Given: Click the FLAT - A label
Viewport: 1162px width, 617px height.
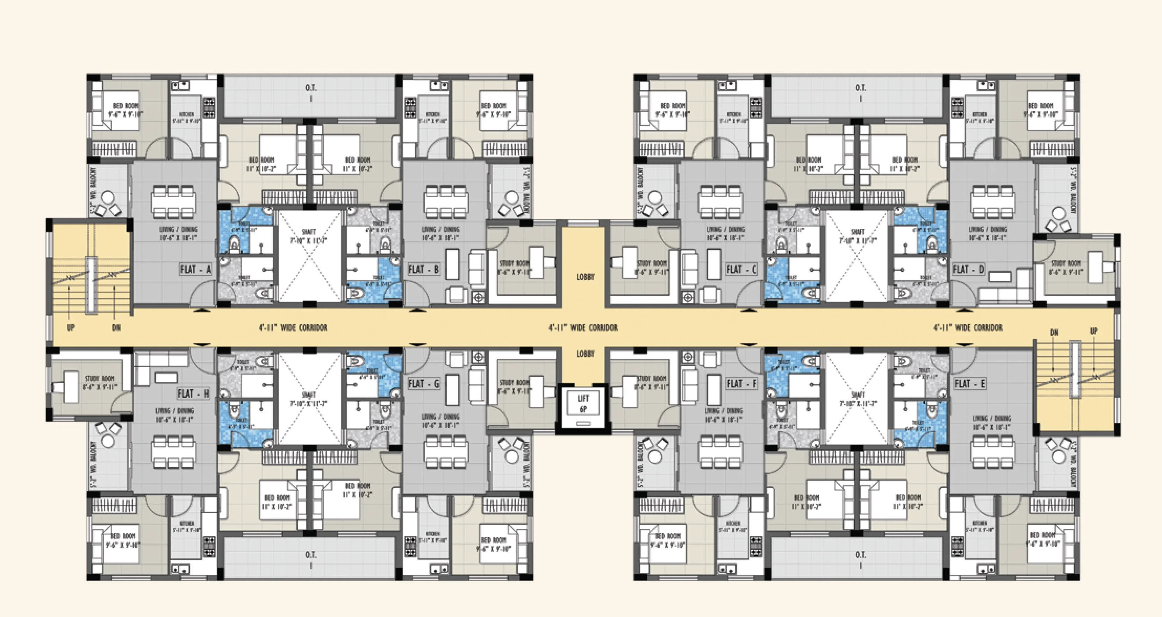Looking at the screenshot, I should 195,269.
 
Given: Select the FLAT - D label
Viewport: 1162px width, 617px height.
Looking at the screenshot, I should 968,269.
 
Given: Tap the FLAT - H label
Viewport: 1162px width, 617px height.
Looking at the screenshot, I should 193,393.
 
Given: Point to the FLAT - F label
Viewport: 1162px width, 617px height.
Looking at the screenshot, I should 741,384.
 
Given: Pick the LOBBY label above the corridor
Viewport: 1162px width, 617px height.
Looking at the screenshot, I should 585,277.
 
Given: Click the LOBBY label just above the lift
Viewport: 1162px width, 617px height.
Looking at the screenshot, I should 585,354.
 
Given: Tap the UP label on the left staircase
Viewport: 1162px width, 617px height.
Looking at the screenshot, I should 71,328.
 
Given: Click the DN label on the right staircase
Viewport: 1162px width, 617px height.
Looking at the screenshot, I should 1054,333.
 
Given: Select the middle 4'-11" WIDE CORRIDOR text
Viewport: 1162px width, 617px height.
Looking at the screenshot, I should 583,328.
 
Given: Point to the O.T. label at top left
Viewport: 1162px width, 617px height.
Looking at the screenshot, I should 310,88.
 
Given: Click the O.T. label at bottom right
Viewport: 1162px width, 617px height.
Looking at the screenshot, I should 860,555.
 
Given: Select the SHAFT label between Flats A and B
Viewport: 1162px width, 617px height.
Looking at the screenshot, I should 309,236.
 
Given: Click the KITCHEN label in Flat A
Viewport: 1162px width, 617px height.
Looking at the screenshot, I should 186,118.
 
